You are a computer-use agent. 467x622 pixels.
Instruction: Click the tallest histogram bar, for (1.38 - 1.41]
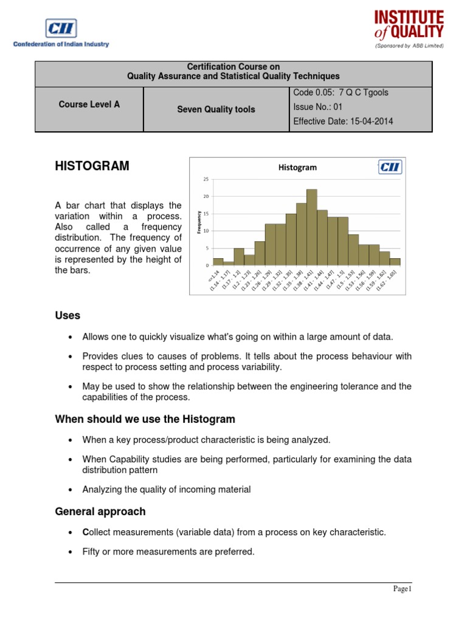click(312, 228)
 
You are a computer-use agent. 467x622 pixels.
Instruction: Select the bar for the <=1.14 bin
click(218, 262)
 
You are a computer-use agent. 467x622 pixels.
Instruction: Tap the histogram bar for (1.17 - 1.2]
click(239, 257)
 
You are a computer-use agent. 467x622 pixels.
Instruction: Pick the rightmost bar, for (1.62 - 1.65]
click(395, 262)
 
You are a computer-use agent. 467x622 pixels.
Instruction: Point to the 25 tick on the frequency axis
click(206, 179)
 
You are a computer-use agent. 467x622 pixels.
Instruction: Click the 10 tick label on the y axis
click(206, 231)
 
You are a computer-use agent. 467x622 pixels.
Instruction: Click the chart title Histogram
click(297, 167)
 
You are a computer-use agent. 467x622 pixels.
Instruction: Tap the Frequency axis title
click(199, 222)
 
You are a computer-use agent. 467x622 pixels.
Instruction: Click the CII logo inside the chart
click(389, 167)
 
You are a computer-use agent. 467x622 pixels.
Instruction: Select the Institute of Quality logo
click(408, 27)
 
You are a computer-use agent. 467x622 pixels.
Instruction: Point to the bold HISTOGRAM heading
click(92, 166)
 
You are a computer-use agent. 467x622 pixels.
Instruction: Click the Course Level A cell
click(89, 104)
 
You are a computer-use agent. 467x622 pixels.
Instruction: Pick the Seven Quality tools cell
click(216, 109)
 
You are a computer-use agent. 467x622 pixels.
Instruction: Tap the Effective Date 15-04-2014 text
click(343, 121)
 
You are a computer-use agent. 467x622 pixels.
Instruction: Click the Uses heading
click(67, 315)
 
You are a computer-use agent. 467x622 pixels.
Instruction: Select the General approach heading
click(100, 511)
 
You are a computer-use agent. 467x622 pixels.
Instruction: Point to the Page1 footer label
click(402, 589)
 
